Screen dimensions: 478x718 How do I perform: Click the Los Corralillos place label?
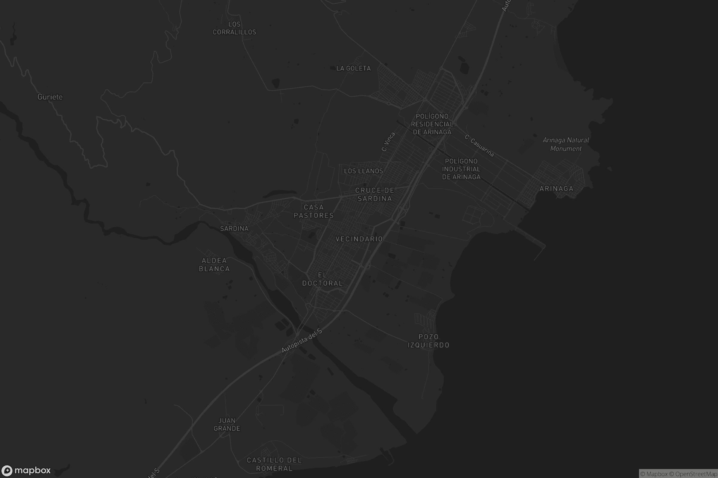234,28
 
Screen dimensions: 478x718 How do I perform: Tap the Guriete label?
50,97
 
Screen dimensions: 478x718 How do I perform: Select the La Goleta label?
354,68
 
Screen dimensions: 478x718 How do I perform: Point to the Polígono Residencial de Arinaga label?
432,124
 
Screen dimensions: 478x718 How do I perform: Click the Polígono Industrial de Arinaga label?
461,169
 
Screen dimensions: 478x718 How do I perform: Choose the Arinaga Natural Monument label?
566,144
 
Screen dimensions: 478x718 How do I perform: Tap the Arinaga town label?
556,189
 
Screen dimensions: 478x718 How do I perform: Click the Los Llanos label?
363,171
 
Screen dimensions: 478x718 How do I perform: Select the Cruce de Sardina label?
375,194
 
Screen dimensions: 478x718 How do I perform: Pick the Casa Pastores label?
314,211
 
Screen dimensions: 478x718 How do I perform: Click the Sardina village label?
234,229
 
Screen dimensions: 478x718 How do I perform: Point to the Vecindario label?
359,239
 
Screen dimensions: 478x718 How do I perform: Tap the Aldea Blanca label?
214,265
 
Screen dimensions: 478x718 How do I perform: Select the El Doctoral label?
323,279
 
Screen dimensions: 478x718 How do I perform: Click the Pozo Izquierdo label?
428,341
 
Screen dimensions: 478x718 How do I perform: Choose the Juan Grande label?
227,424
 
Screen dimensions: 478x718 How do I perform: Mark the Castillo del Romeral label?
274,464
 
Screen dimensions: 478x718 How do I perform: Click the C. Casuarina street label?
479,146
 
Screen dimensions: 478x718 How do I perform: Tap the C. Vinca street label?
388,142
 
